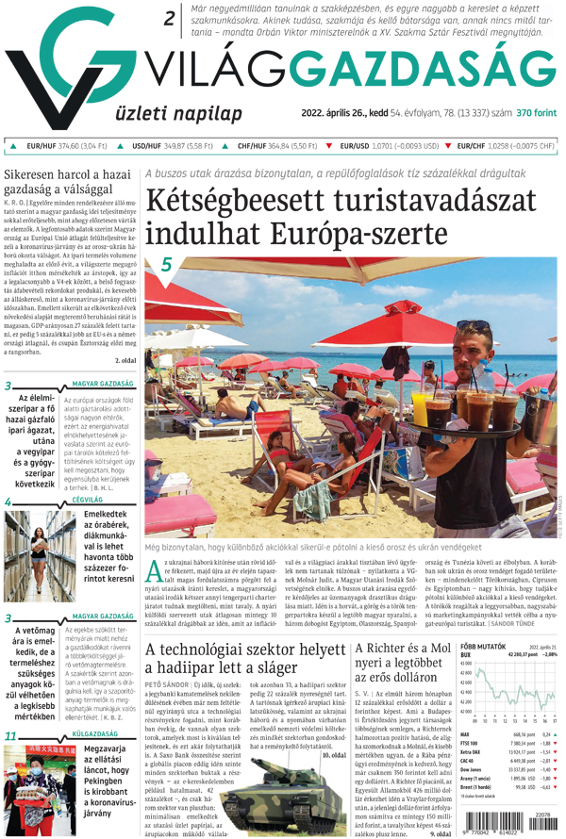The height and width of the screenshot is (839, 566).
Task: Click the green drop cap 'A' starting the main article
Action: (x=155, y=568)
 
